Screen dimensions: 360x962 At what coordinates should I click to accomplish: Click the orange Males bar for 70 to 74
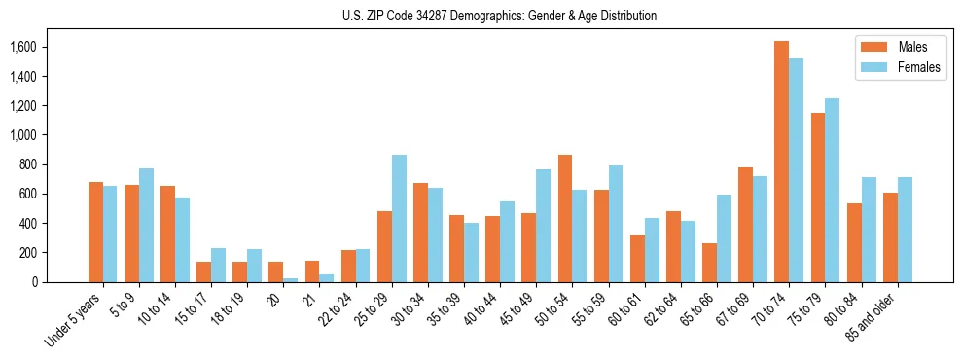coord(781,162)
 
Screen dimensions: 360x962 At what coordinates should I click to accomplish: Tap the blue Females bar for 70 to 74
coord(796,170)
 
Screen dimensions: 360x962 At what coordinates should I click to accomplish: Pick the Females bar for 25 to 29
coord(399,218)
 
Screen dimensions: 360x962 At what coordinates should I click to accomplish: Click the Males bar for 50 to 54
coord(565,218)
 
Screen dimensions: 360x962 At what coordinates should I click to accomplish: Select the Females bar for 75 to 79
coord(832,190)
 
